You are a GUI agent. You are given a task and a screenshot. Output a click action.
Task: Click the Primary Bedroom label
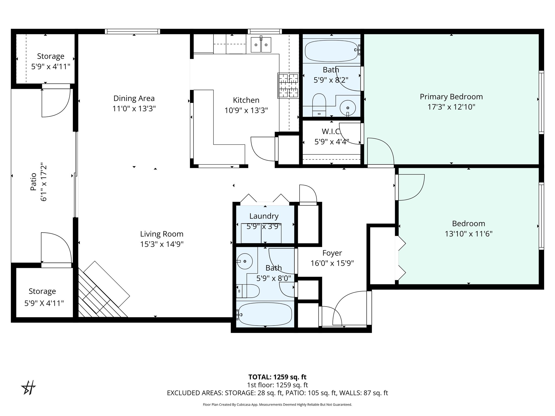point(451,97)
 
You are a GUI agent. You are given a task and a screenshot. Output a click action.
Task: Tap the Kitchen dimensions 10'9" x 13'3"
point(246,110)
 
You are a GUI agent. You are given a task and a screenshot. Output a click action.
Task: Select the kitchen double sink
point(261,45)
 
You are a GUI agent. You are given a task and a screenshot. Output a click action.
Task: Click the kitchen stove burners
point(288,86)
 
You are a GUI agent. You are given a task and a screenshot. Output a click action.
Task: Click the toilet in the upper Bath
point(319,104)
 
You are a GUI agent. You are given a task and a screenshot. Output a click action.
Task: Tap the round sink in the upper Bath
point(348,108)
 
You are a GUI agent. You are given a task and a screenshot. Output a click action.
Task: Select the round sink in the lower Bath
point(244,261)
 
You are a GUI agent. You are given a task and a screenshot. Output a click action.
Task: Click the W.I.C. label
point(331,132)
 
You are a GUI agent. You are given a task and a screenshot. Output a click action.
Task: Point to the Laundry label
point(264,216)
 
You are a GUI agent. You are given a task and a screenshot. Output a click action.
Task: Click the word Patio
point(33,182)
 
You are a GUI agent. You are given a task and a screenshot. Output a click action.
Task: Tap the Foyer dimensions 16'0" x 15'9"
point(332,263)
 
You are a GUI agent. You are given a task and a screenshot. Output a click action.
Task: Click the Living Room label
point(162,234)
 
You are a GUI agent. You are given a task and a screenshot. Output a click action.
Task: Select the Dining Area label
point(134,98)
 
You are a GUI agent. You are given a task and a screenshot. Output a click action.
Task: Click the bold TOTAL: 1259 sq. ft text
point(277,377)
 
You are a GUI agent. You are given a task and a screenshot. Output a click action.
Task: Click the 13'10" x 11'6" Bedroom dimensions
point(469,234)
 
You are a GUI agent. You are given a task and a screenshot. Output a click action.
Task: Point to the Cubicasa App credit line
point(277,405)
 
